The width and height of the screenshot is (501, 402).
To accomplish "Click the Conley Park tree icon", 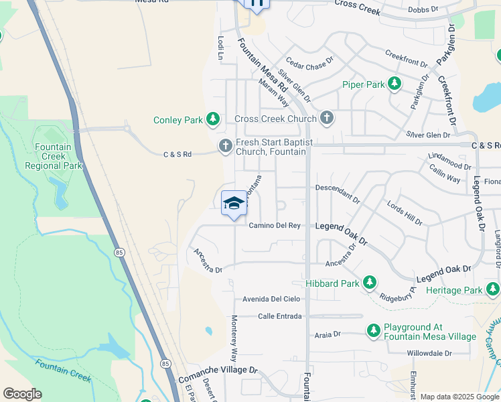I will point(213,120).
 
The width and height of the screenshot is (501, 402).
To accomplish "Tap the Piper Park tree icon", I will point(395,84).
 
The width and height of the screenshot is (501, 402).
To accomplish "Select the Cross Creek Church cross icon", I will point(326,119).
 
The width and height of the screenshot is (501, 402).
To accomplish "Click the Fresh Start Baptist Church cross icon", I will point(226,145).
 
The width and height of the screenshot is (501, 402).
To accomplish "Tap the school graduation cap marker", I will point(234,203).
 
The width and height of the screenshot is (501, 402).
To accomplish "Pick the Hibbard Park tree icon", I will point(369,283).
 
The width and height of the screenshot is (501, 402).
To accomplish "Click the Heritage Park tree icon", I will point(493,289).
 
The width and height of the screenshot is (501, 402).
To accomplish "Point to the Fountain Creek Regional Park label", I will point(58,156).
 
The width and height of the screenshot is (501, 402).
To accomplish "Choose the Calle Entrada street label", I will point(279,316).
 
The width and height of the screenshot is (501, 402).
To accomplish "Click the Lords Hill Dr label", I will point(405,211).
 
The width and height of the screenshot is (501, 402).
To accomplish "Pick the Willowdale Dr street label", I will point(429,353).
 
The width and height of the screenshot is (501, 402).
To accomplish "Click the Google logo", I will point(22,394).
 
